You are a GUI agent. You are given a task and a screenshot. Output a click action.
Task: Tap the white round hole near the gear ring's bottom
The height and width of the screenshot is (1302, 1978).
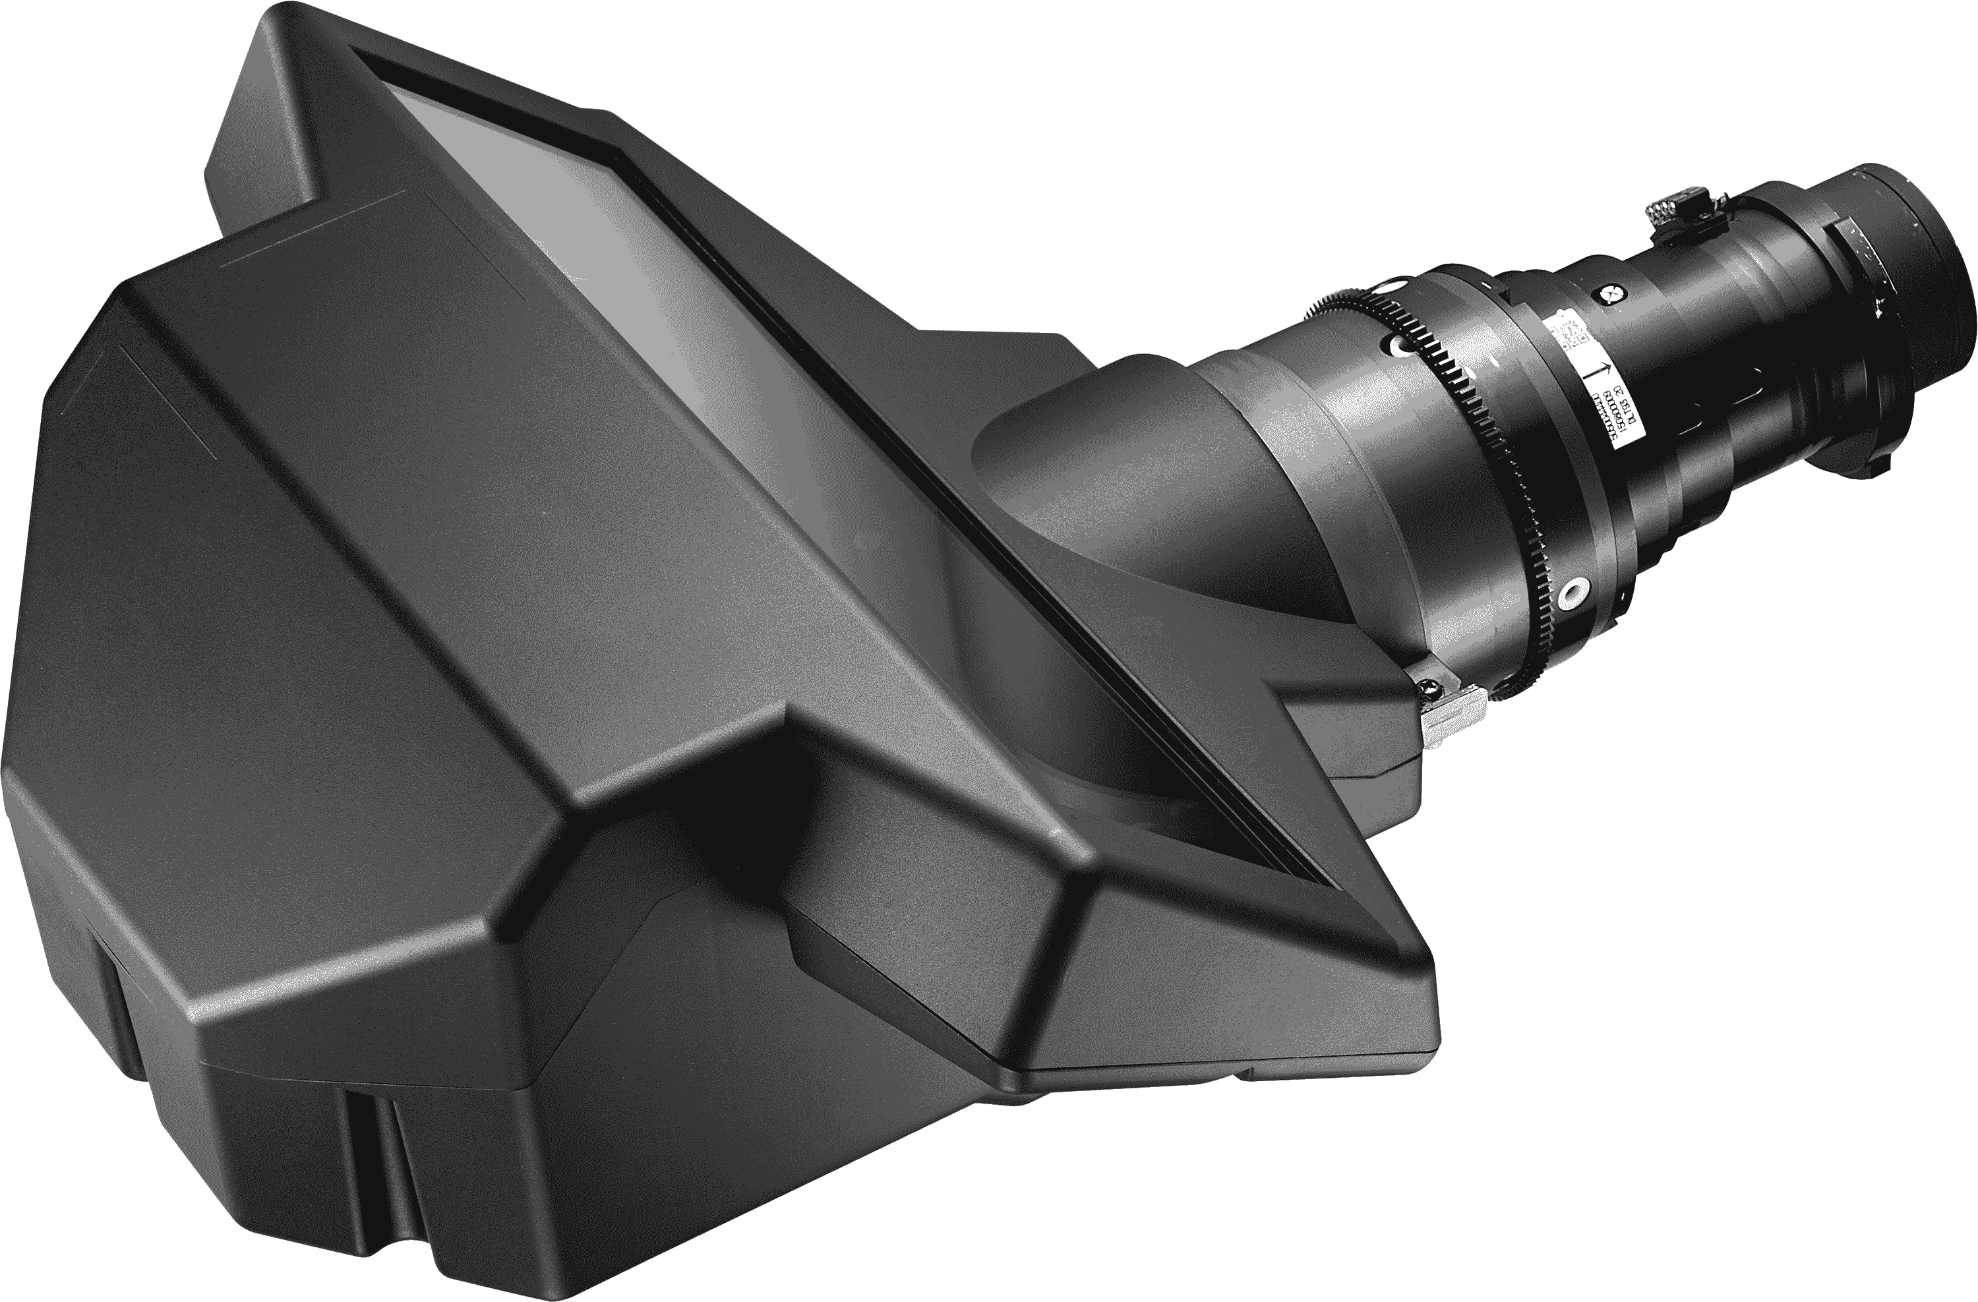point(1571,591)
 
